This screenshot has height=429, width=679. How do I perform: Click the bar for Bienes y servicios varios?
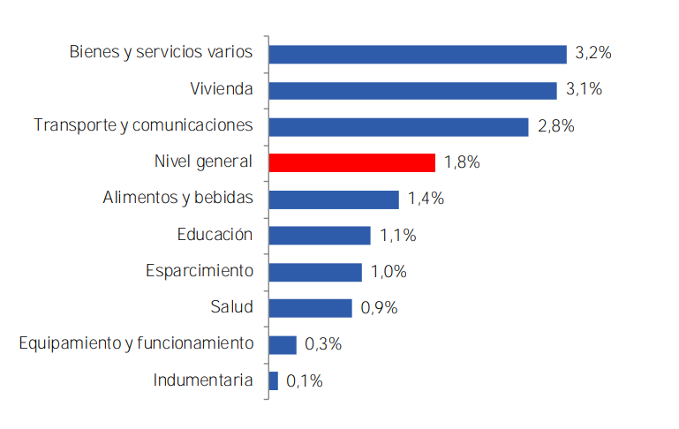[417, 54]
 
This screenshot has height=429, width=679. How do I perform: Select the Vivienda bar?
[412, 90]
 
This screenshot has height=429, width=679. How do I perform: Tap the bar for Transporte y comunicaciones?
[398, 126]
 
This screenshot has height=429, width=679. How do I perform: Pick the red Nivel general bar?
[351, 162]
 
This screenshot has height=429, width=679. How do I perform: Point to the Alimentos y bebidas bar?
[334, 199]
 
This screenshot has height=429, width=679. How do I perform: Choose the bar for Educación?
[319, 235]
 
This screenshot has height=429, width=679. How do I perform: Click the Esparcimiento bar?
[315, 271]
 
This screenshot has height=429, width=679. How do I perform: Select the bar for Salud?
[310, 307]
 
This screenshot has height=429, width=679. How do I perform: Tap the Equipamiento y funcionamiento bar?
[283, 344]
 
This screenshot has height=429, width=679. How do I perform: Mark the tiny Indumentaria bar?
[274, 380]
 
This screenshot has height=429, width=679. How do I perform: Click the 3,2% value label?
[593, 54]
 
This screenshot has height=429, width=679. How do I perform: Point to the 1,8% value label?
[463, 163]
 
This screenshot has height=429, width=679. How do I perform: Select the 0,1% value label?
[305, 381]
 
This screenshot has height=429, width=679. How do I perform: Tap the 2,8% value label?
[555, 126]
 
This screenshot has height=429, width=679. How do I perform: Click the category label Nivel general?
[203, 162]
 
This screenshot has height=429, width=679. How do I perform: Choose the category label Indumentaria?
[203, 380]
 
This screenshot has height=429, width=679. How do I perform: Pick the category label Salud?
[231, 307]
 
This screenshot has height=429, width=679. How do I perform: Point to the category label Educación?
[215, 235]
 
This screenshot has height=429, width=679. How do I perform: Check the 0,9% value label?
[380, 308]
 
